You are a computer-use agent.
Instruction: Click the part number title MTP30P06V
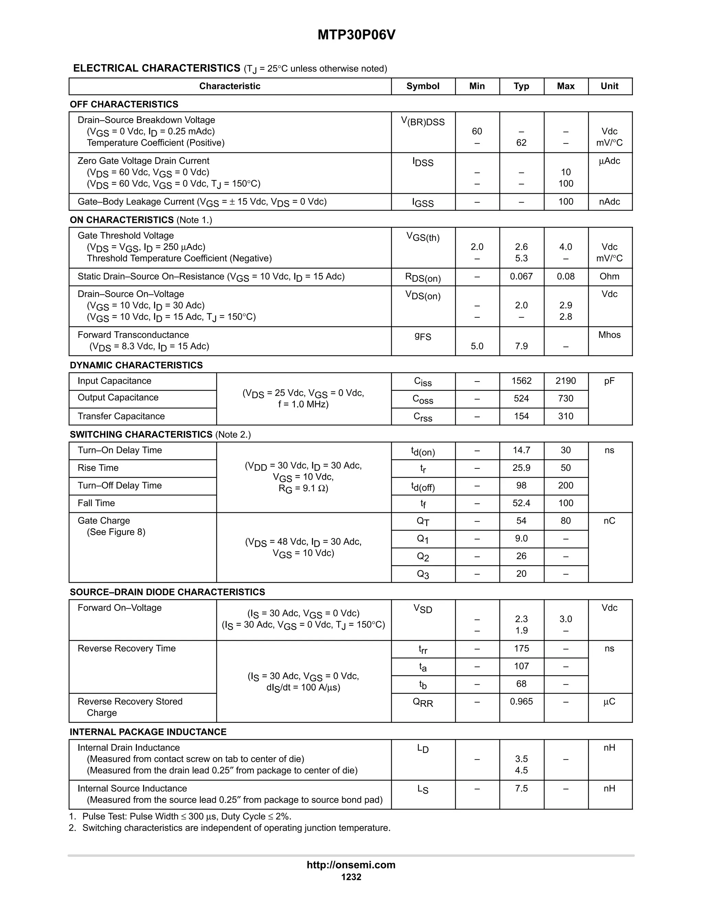(x=356, y=35)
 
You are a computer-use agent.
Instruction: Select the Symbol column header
(x=423, y=86)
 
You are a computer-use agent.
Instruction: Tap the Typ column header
(x=521, y=86)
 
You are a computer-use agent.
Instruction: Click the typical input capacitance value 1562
(x=521, y=381)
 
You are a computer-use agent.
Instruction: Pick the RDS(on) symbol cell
(x=423, y=277)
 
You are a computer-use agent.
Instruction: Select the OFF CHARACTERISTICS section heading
(x=124, y=104)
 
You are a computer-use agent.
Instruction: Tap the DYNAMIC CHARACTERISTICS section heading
(x=136, y=365)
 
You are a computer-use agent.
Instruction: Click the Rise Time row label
(x=98, y=468)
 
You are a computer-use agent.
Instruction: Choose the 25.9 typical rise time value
(x=521, y=468)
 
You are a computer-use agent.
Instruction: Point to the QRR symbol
(x=423, y=703)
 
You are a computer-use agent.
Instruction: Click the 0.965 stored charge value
(x=521, y=702)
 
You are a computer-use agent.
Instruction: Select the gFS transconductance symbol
(x=423, y=336)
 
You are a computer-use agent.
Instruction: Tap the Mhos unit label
(x=609, y=335)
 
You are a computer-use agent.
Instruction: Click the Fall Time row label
(x=96, y=503)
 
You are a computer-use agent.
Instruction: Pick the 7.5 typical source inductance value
(x=521, y=789)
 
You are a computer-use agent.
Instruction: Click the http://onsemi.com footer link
(x=351, y=865)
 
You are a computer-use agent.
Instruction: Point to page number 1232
(x=351, y=877)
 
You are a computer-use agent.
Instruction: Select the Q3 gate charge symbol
(x=423, y=574)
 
